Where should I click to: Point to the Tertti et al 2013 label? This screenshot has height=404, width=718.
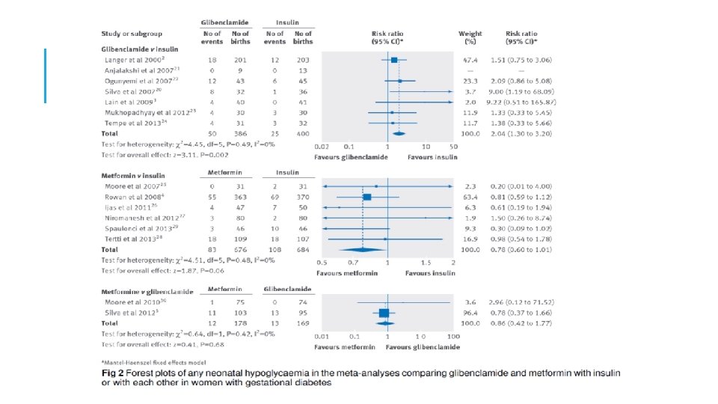point(128,239)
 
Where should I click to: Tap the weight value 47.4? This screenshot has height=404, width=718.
point(470,58)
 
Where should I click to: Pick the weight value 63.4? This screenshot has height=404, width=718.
point(470,197)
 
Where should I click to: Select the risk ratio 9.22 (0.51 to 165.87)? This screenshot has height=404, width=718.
point(529,101)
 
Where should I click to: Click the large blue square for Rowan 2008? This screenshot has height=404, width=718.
point(366,197)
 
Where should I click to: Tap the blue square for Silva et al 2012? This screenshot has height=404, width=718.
point(384,313)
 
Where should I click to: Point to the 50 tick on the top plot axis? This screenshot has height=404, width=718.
point(452,147)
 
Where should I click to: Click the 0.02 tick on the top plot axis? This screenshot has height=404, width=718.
point(322,147)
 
